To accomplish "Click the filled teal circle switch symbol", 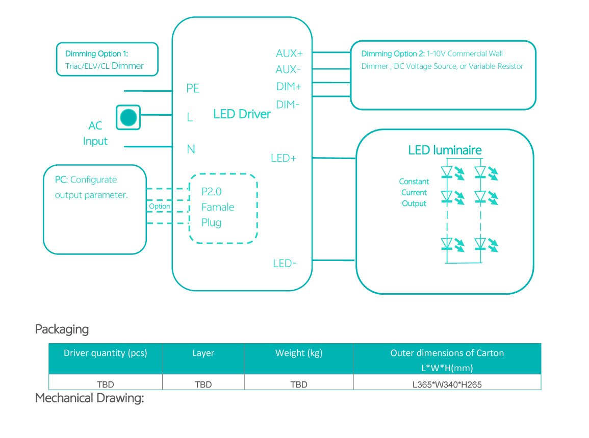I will click(127, 117).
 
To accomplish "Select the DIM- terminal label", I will click(288, 105).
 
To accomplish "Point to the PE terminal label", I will click(193, 89).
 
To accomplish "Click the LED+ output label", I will click(284, 159).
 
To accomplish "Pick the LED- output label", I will click(285, 264).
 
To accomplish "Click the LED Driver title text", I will click(242, 114).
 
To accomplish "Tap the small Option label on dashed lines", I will click(159, 207).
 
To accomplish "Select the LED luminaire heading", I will click(445, 150).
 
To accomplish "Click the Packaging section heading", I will click(62, 329).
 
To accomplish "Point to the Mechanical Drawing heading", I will click(90, 398).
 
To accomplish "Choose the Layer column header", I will click(203, 353).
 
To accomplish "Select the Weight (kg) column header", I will click(299, 353).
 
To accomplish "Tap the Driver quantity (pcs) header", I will click(105, 353).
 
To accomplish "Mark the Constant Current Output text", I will click(414, 193).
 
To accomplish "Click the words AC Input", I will click(95, 134).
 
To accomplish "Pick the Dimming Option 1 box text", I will click(104, 60).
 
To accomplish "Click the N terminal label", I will click(191, 149).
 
